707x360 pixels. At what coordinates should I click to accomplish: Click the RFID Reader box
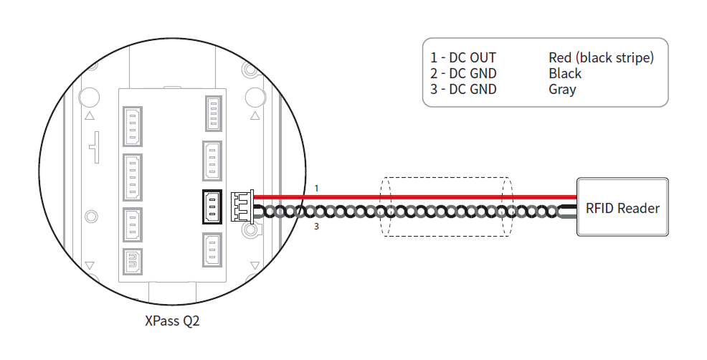622,207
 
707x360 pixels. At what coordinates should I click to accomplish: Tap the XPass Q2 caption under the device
172,321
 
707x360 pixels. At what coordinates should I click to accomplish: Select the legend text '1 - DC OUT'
463,57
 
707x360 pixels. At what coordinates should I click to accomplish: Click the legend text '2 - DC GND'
463,73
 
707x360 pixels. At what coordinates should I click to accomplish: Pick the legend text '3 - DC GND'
463,89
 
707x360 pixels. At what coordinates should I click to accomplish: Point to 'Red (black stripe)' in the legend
601,57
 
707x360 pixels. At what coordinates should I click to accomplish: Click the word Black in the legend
565,73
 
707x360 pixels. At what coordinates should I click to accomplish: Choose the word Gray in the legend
562,89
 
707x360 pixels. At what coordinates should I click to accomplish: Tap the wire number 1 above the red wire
316,189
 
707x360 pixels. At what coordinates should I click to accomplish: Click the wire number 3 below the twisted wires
316,227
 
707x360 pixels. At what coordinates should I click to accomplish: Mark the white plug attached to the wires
240,206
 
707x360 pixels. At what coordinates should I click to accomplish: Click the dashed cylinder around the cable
447,206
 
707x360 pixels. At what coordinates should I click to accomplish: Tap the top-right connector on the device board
213,113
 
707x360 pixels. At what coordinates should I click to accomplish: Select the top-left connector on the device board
132,126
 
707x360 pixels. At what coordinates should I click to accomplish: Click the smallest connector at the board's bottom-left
132,262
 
